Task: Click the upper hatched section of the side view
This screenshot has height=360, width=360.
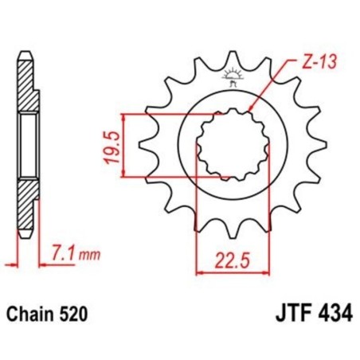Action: click(26, 88)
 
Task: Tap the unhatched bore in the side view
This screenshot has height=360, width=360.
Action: click(26, 145)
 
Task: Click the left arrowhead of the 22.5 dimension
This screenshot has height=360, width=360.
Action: click(199, 273)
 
